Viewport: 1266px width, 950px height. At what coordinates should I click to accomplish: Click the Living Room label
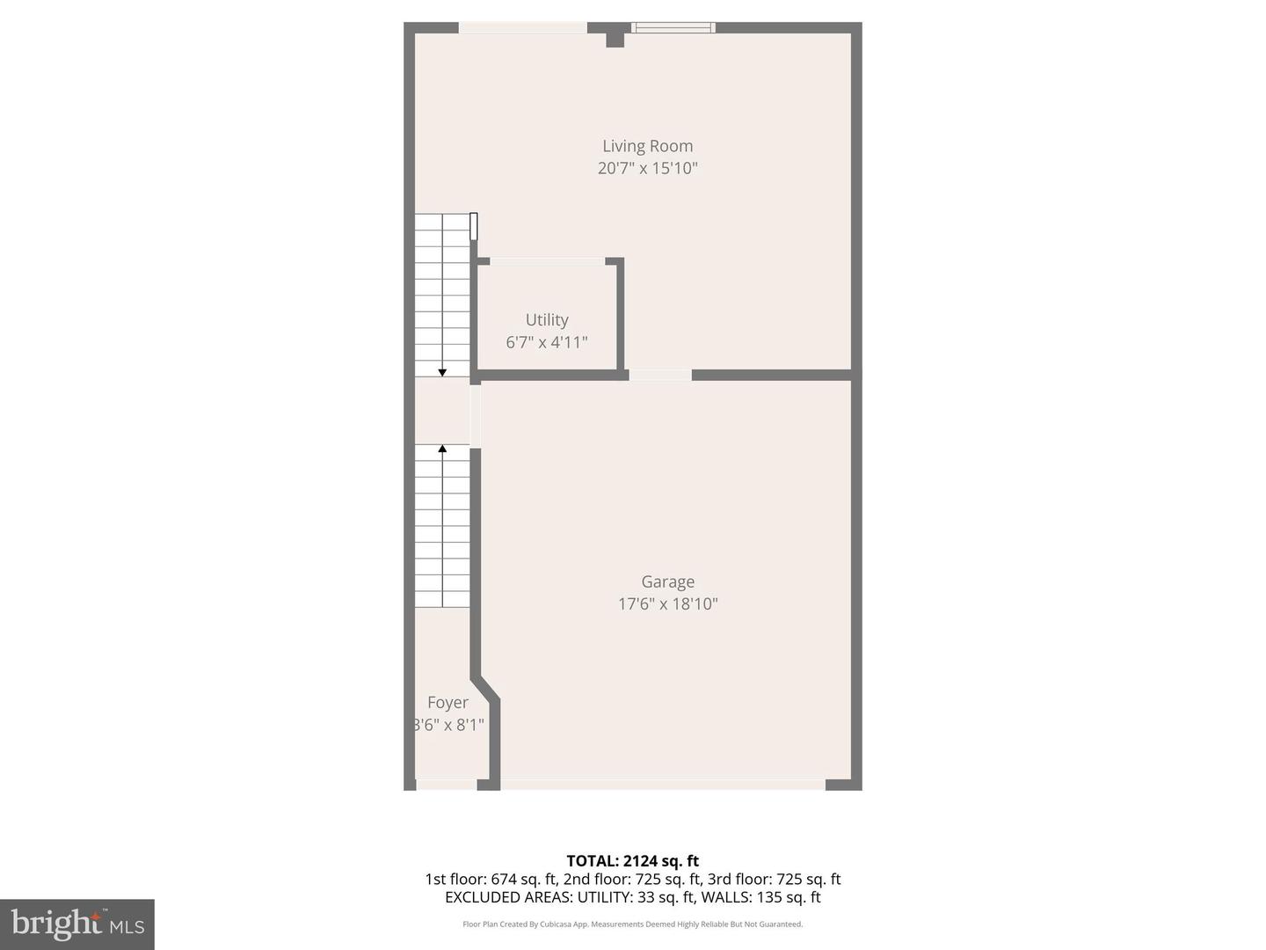click(647, 146)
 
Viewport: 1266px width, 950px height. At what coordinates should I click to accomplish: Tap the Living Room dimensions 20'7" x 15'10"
click(647, 168)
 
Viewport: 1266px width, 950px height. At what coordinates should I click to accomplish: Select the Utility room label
click(547, 320)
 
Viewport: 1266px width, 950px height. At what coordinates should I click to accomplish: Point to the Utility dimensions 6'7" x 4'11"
click(547, 342)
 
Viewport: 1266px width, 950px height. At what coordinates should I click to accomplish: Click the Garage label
click(667, 581)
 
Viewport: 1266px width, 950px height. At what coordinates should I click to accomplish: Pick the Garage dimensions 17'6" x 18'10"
click(667, 603)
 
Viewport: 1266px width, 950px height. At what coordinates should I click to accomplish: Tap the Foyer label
click(447, 703)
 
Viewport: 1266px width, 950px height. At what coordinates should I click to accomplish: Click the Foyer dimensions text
click(448, 725)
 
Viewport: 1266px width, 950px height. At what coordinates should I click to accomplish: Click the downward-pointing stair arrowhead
click(442, 373)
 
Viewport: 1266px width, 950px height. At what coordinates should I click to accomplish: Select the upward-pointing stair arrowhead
click(442, 449)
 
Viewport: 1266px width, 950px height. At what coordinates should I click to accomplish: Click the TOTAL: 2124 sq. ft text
click(632, 861)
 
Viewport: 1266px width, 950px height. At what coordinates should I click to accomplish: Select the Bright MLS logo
click(77, 924)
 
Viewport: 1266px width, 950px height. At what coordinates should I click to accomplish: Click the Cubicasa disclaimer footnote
click(632, 924)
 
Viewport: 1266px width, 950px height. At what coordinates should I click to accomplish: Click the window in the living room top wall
click(673, 28)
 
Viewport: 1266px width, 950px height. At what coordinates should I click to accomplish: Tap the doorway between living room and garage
click(660, 376)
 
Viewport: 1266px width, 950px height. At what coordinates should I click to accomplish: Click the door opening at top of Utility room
click(547, 261)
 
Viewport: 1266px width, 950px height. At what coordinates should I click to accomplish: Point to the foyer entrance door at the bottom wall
click(447, 784)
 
